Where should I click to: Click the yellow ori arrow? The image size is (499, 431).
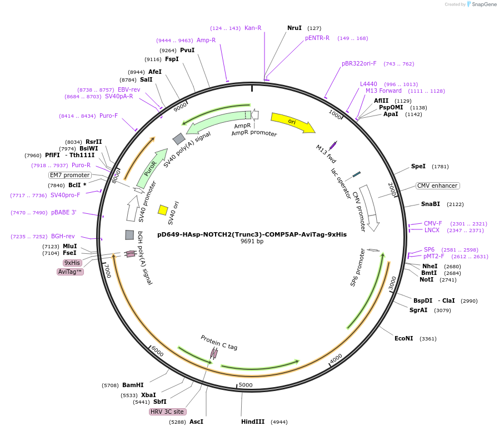pyautogui.click(x=292, y=123)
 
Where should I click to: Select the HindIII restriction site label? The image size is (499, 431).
pyautogui.click(x=253, y=422)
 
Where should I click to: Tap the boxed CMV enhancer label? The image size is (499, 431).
pyautogui.click(x=437, y=186)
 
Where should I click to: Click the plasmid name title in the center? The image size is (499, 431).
pyautogui.click(x=252, y=234)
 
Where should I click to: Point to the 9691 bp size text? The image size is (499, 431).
pyautogui.click(x=252, y=242)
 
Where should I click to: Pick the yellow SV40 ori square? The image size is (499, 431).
pyautogui.click(x=163, y=210)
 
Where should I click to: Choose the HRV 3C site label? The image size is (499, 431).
pyautogui.click(x=167, y=412)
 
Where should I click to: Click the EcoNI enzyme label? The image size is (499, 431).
pyautogui.click(x=404, y=338)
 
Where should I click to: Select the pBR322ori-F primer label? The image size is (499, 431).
pyautogui.click(x=359, y=63)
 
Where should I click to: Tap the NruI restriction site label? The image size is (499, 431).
pyautogui.click(x=295, y=28)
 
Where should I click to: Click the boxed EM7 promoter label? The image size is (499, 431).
pyautogui.click(x=70, y=175)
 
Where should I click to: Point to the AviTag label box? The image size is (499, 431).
pyautogui.click(x=70, y=272)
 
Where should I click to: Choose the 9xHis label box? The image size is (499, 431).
pyautogui.click(x=72, y=263)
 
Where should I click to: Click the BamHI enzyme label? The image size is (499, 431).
pyautogui.click(x=133, y=385)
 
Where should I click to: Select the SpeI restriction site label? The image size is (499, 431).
pyautogui.click(x=418, y=166)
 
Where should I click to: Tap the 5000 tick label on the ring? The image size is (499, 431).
pyautogui.click(x=245, y=385)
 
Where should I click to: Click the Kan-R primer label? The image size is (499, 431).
pyautogui.click(x=253, y=28)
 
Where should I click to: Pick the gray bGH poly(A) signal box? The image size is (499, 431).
pyautogui.click(x=129, y=235)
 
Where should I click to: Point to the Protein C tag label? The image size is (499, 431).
pyautogui.click(x=219, y=343)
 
